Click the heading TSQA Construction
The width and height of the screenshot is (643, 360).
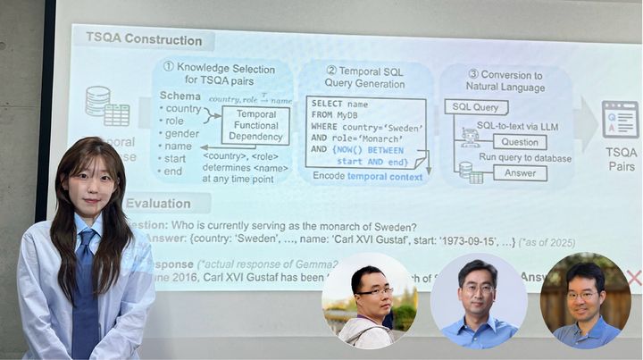coord(143,39)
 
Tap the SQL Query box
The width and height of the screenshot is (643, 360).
coord(478,107)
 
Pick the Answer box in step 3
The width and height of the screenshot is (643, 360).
coord(519,172)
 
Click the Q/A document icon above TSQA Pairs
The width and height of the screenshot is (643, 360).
coord(620,119)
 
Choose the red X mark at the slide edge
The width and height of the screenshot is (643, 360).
coord(634,278)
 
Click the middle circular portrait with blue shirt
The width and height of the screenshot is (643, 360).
coord(477,301)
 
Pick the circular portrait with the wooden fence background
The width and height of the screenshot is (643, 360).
coord(585,301)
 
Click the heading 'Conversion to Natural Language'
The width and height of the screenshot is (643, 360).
coord(505,81)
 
